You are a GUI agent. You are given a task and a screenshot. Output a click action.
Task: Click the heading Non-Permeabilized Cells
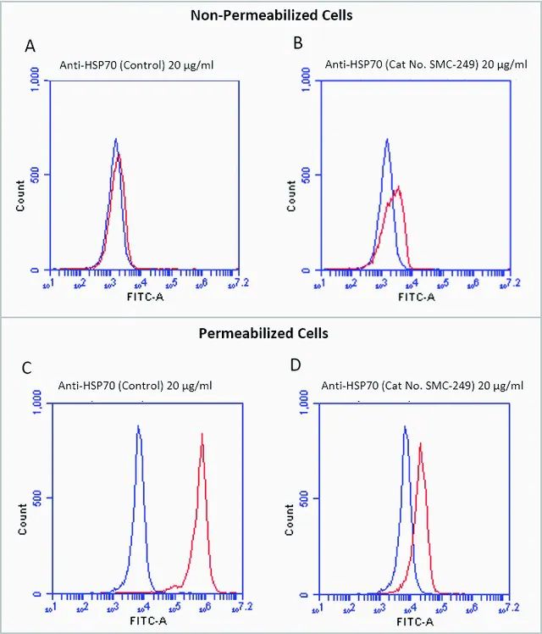[x=271, y=14]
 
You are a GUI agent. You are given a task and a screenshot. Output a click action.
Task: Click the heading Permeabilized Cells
[x=263, y=333]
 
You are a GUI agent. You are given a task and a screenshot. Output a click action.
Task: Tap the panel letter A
[x=30, y=47]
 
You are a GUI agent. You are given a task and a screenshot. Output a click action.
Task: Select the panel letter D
[x=296, y=367]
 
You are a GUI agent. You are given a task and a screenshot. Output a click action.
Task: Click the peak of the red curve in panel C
[x=202, y=434]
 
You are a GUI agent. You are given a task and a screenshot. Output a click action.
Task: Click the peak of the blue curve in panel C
[x=138, y=427]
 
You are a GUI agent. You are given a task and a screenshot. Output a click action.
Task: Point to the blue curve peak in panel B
[x=386, y=140]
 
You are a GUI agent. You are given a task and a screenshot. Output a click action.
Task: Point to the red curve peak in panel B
[x=398, y=187]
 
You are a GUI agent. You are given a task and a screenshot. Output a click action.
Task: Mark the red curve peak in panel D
[x=420, y=442]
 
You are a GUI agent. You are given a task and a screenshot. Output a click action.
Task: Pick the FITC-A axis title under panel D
[x=416, y=620]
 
